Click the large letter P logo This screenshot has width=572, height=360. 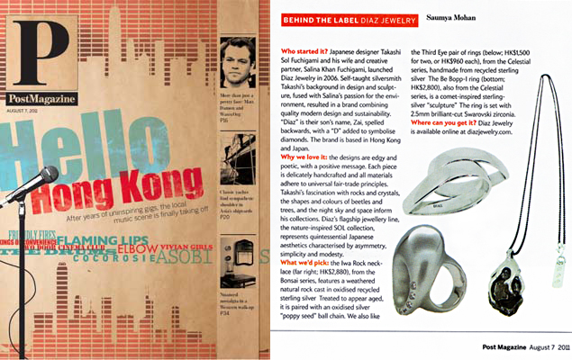pyautogui.click(x=30, y=46)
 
